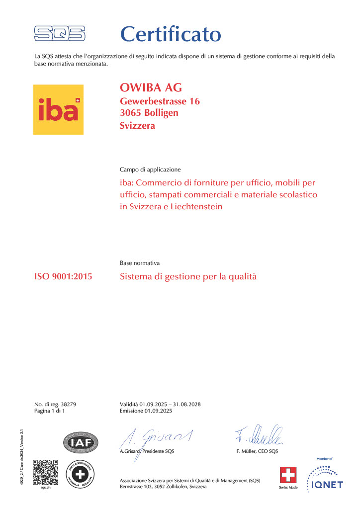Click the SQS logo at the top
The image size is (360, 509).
pyautogui.click(x=59, y=34)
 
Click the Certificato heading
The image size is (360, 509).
pyautogui.click(x=171, y=34)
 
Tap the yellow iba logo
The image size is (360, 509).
pyautogui.click(x=58, y=110)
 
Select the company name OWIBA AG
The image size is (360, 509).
pyautogui.click(x=151, y=88)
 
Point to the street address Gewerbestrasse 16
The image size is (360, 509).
pyautogui.click(x=160, y=101)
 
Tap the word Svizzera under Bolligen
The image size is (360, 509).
pyautogui.click(x=138, y=125)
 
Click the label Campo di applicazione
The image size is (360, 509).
pyautogui.click(x=150, y=170)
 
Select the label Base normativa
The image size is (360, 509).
pyautogui.click(x=140, y=262)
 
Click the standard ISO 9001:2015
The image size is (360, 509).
pyautogui.click(x=63, y=276)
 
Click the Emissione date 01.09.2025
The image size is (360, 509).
pyautogui.click(x=158, y=411)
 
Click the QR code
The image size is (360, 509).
pyautogui.click(x=46, y=472)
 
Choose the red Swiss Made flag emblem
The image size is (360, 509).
pyautogui.click(x=288, y=476)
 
